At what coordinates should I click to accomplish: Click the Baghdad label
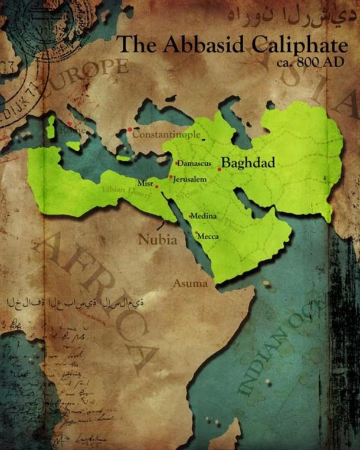point(248,163)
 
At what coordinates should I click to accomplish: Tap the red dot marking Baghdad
point(220,169)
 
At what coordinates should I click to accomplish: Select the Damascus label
point(195,163)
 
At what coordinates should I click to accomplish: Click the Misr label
point(145,183)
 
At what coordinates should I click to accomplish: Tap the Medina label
point(204,216)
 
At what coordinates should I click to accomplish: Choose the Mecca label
point(208,236)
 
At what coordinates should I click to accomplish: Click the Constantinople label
point(166,134)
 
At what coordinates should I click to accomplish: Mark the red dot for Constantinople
point(130,129)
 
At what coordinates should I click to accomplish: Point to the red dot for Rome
point(69,124)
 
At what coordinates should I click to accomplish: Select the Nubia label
point(157,240)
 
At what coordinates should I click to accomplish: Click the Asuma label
point(190,284)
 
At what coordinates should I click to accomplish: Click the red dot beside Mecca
point(196,233)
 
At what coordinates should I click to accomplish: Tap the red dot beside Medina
point(190,216)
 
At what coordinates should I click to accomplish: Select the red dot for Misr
point(156,186)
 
